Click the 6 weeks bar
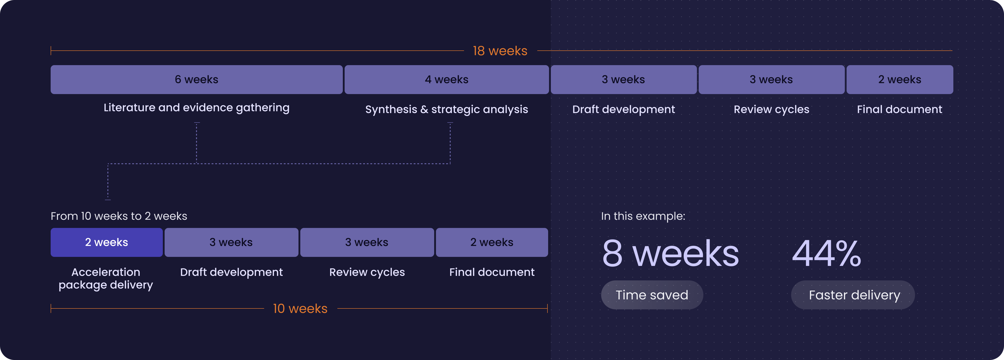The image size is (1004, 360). point(197,79)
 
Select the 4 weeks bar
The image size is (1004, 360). point(447,79)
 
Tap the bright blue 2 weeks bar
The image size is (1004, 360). point(107,242)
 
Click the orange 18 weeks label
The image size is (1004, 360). point(500,51)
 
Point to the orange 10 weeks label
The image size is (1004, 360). point(300,309)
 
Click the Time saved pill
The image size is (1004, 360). point(652,295)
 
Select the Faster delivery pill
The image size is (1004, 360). point(853,295)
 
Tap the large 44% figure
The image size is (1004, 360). point(827,253)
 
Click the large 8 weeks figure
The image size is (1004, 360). point(670,253)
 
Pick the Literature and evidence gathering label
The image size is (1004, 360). point(197,108)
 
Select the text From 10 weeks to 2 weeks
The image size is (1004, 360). point(119,216)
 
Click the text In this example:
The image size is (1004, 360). point(643,216)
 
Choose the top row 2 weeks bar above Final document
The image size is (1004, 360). point(900,79)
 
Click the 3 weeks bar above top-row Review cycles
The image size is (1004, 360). point(771,79)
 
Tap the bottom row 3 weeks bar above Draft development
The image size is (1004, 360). point(231,242)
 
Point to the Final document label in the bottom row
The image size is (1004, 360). point(492,272)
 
